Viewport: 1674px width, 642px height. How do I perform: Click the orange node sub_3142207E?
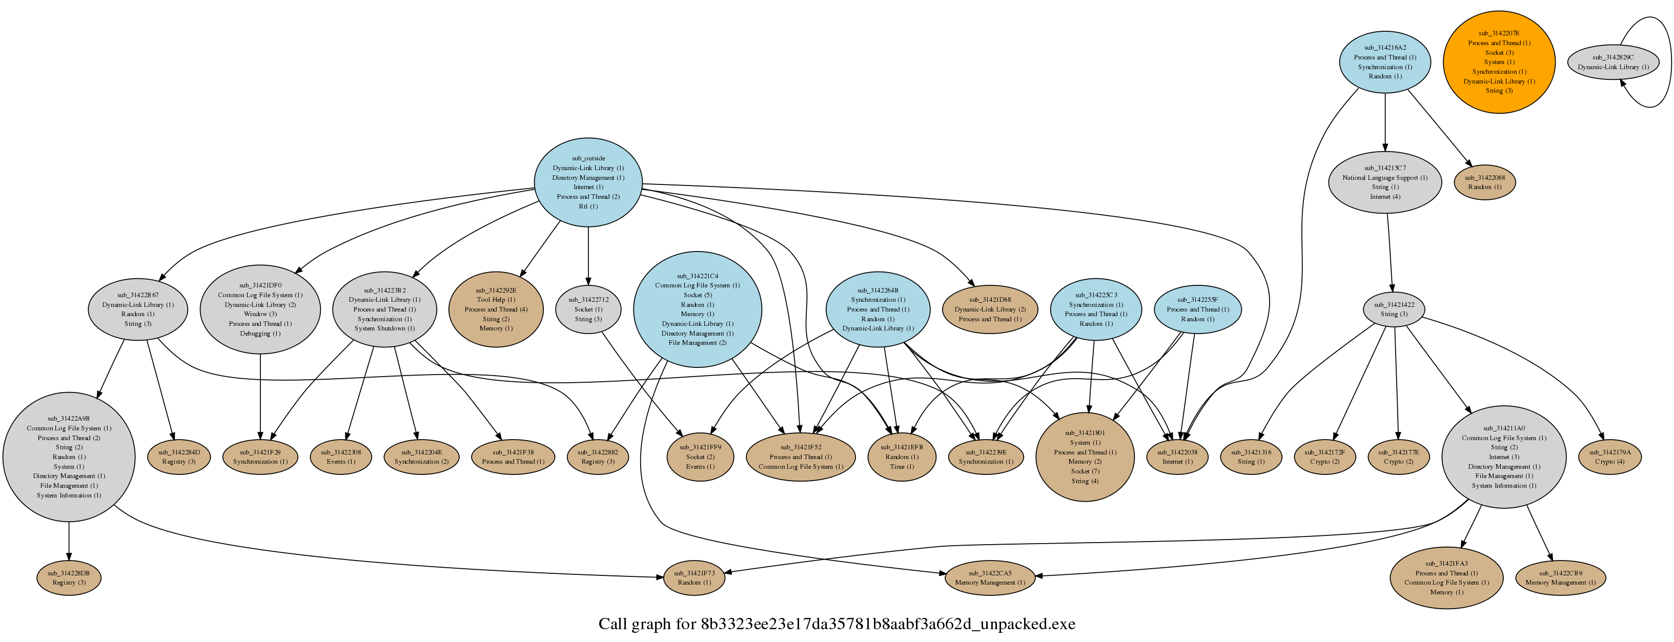pyautogui.click(x=1499, y=61)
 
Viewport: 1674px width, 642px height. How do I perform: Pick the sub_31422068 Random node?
pyautogui.click(x=1484, y=182)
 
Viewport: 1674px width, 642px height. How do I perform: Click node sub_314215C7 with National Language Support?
pyautogui.click(x=1385, y=182)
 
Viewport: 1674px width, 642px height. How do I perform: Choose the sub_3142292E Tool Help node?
pyautogui.click(x=496, y=309)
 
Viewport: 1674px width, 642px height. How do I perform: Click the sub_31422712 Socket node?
pyautogui.click(x=588, y=309)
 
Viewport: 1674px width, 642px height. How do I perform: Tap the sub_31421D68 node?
pyautogui.click(x=990, y=309)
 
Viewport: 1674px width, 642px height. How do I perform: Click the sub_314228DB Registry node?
pyautogui.click(x=69, y=577)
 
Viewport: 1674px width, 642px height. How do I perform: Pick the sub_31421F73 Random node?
pyautogui.click(x=694, y=577)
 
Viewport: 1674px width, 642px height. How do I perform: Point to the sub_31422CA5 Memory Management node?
pyautogui.click(x=990, y=577)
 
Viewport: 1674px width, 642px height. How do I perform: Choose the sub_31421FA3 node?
pyautogui.click(x=1446, y=577)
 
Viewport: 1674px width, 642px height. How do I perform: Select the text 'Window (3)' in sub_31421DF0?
pyautogui.click(x=260, y=314)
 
